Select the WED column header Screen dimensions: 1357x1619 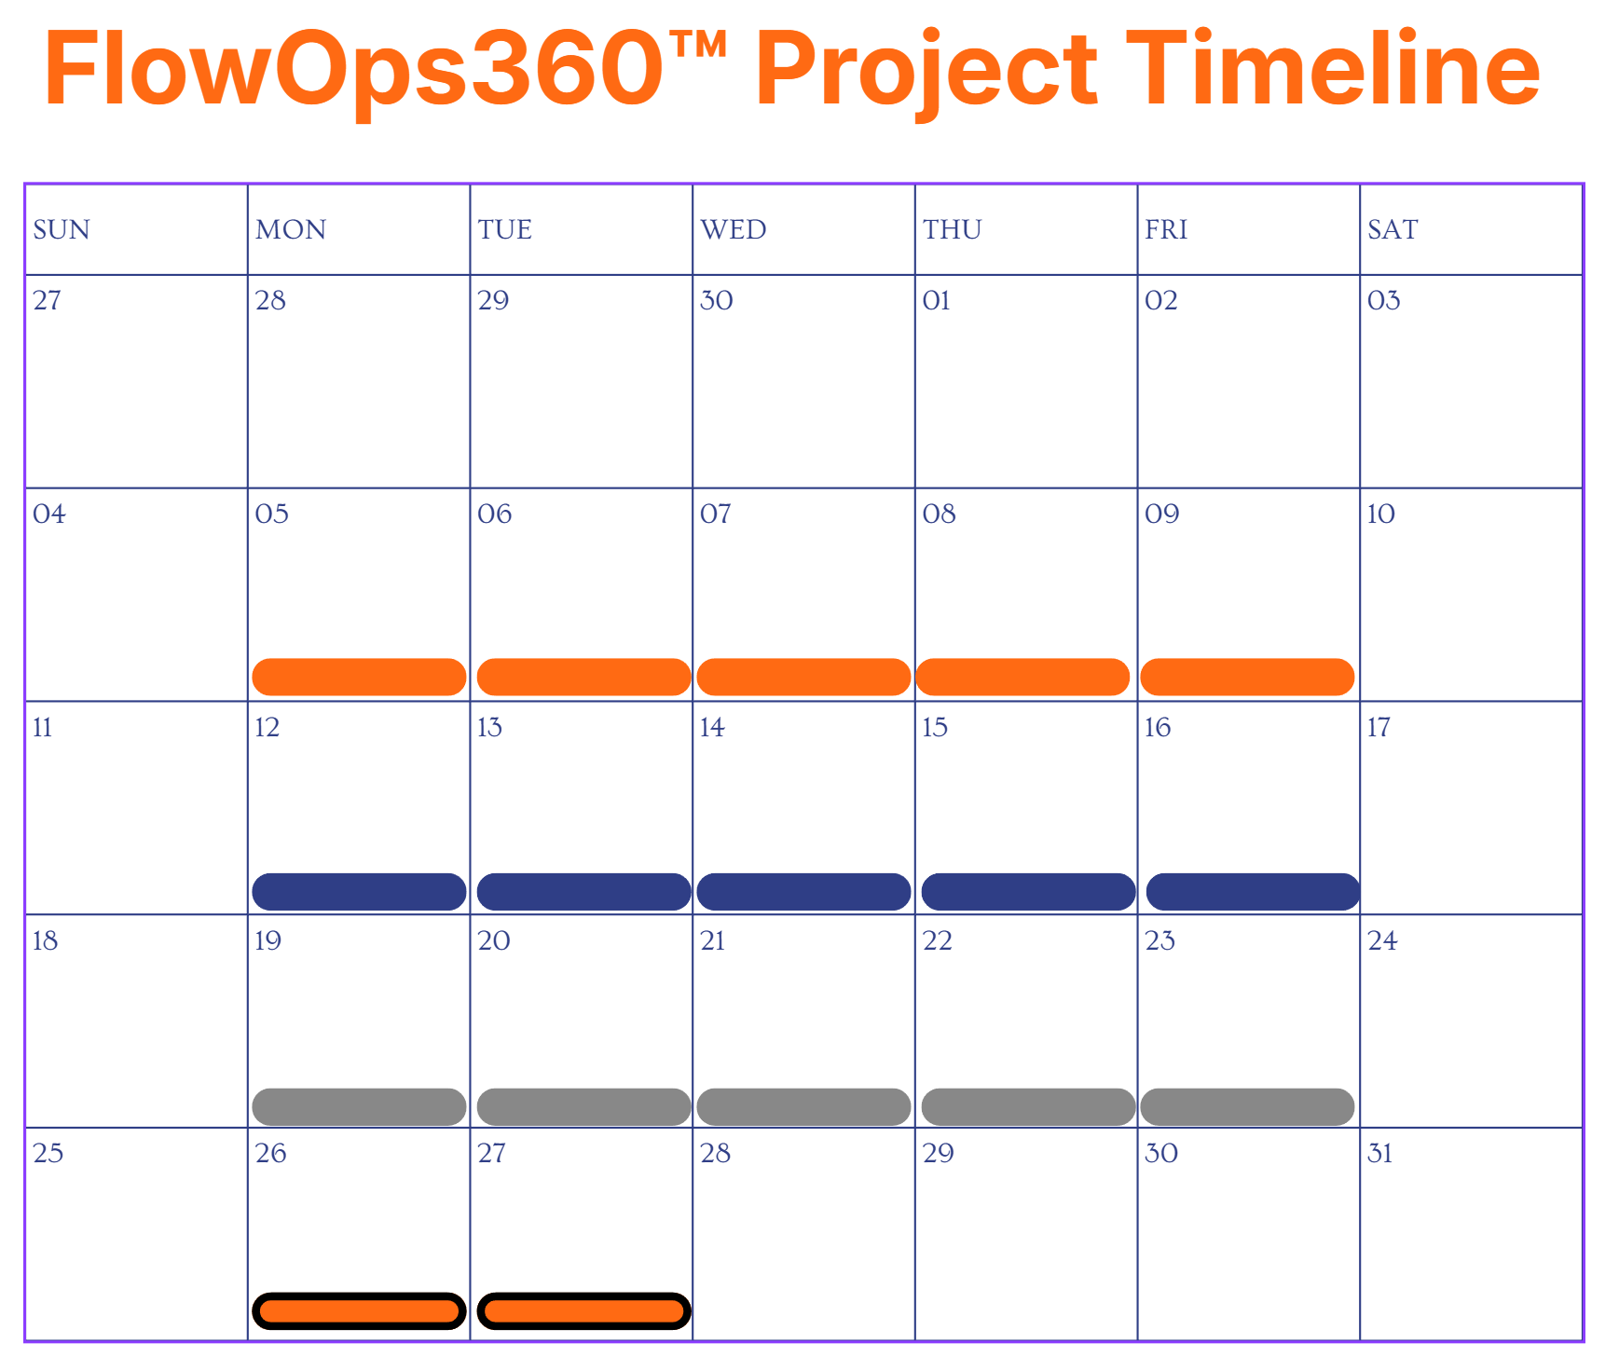[734, 229]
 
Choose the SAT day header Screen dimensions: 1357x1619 [1393, 229]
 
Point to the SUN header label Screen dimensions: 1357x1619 [62, 229]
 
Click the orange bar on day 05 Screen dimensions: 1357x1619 [359, 677]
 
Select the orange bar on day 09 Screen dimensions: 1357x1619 [1247, 677]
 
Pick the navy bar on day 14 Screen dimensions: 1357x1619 [803, 892]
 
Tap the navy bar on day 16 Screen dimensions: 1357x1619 [1253, 892]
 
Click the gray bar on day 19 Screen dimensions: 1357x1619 [359, 1107]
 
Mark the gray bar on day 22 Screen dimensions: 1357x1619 [1028, 1107]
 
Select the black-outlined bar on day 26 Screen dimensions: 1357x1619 [359, 1311]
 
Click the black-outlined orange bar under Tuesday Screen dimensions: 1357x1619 [583, 1311]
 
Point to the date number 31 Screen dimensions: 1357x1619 [1379, 1154]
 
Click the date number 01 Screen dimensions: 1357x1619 [936, 300]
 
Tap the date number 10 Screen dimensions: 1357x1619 [1380, 514]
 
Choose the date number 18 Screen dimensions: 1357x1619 [45, 940]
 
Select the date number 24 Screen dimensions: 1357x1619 [1382, 940]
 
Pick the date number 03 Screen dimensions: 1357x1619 [1383, 300]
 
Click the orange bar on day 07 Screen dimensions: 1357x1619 [803, 677]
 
